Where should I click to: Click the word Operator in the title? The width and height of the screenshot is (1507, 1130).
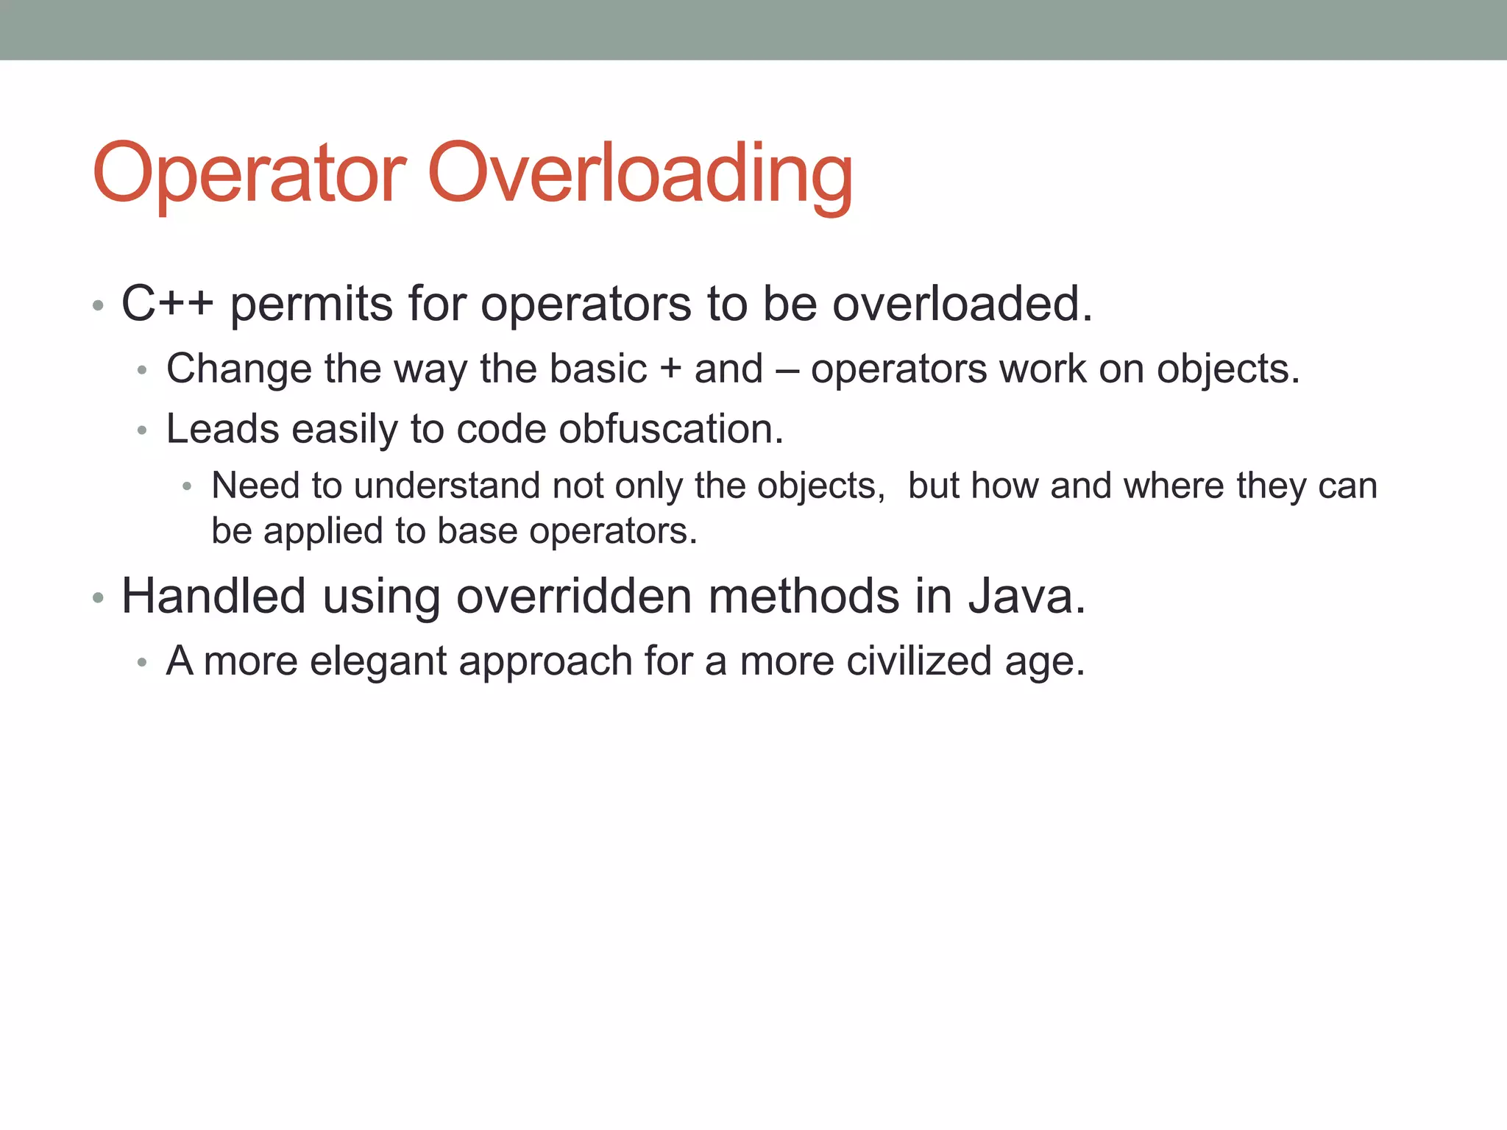249,174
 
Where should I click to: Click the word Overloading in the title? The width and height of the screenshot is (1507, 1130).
640,174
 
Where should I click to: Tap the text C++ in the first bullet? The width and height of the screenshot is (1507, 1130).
167,303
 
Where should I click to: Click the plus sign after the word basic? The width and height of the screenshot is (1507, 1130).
670,369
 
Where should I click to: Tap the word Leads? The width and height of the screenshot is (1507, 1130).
222,429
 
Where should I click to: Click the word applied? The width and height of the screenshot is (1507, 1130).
323,531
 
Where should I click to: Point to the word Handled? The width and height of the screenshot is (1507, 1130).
213,596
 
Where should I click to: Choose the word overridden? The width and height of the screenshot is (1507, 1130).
574,596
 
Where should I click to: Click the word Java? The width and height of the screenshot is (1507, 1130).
1026,596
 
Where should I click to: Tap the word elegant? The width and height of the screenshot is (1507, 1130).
377,661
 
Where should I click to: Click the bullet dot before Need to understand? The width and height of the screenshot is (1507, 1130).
188,487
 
